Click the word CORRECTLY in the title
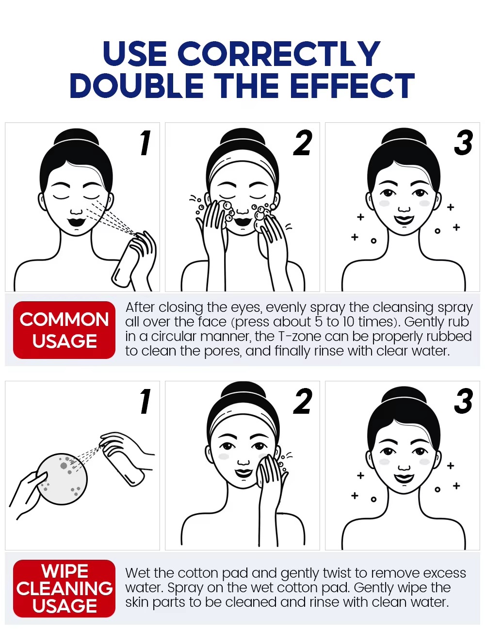[279, 54]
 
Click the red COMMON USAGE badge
[64, 330]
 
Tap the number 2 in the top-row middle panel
[303, 143]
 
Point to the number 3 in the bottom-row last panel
[464, 401]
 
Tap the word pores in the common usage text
[223, 351]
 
